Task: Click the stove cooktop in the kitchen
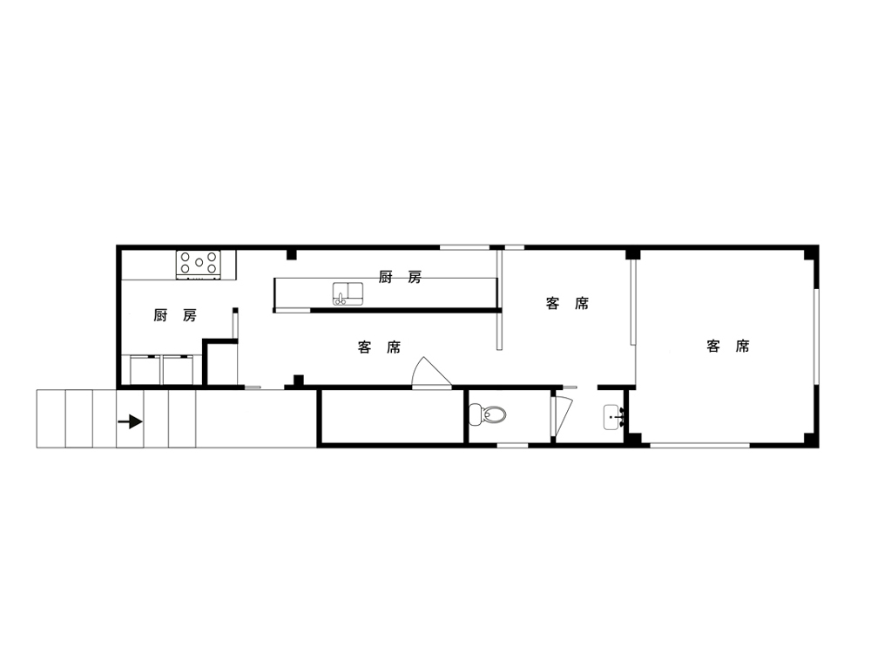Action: click(199, 265)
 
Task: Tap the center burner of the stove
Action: click(199, 263)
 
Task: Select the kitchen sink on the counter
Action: click(348, 293)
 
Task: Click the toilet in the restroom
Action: click(487, 414)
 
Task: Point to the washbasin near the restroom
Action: click(614, 417)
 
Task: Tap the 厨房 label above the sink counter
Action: click(400, 277)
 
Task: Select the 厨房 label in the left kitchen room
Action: click(175, 315)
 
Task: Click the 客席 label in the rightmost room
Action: click(727, 347)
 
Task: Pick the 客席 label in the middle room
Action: click(567, 304)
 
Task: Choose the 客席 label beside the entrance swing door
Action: click(380, 347)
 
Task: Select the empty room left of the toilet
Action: click(392, 416)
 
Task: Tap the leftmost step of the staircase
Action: click(51, 419)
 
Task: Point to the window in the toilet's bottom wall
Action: click(512, 445)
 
